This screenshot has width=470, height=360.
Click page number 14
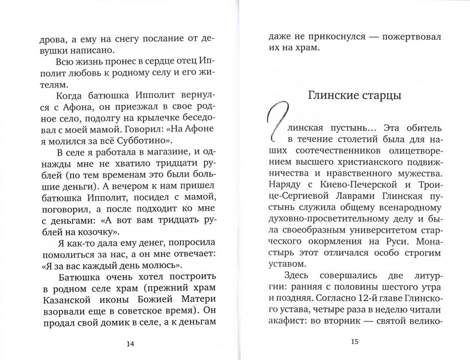coord(130,344)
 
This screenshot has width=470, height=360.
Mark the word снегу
coord(113,39)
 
